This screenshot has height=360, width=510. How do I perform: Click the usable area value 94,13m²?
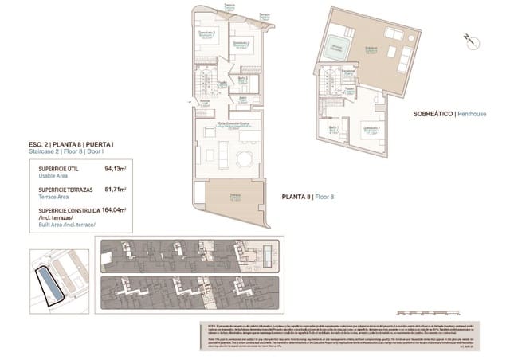click(x=116, y=169)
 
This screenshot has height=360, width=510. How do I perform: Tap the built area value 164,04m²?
click(x=115, y=210)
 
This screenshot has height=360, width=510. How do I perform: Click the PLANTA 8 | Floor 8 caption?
click(x=308, y=196)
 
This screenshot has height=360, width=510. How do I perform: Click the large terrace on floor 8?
click(x=234, y=198)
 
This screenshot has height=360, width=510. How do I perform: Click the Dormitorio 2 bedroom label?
click(x=239, y=43)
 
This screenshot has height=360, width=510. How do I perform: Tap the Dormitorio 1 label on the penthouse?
click(x=371, y=129)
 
